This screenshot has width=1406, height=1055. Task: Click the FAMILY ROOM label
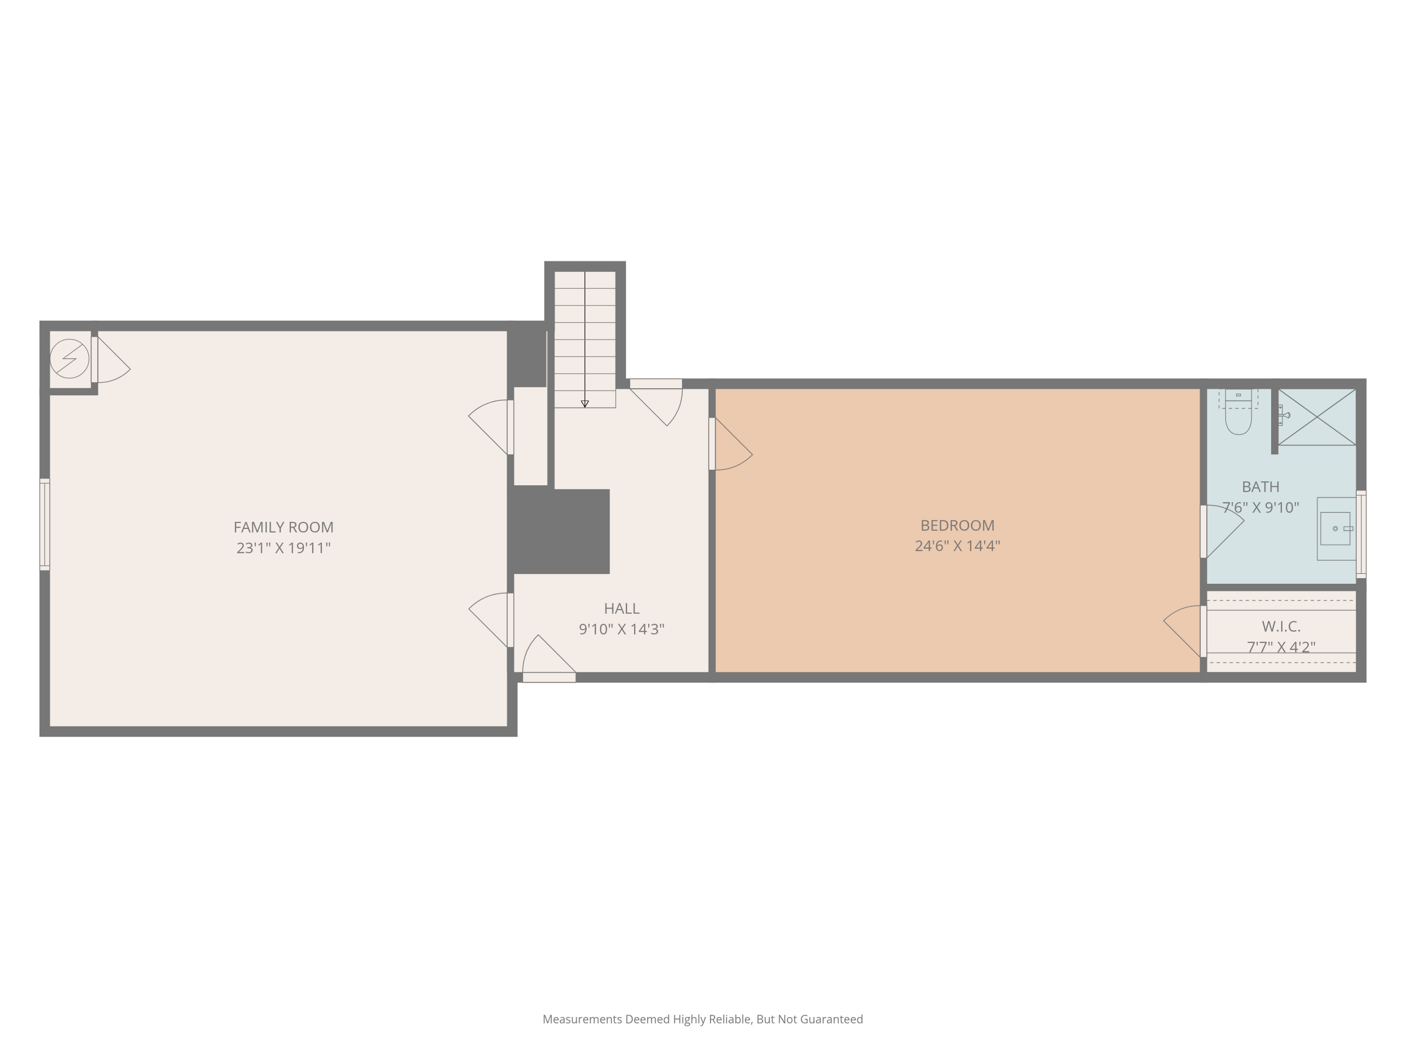284,527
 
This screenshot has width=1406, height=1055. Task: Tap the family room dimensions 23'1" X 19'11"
284,548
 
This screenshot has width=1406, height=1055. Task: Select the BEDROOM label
957,525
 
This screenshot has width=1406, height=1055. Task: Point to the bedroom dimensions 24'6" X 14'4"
957,546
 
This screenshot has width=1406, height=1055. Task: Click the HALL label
621,609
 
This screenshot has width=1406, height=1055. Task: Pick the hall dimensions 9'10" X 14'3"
621,629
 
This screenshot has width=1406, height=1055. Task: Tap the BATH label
1260,487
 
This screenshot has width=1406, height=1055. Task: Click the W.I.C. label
1281,626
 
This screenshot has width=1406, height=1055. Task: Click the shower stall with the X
1317,417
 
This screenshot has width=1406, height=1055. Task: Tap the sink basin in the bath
1335,528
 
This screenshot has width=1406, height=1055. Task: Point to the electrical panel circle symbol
69,359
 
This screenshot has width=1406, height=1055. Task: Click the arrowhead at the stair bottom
585,404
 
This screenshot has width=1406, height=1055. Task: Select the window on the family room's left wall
45,525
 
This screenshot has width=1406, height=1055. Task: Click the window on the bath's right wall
1361,534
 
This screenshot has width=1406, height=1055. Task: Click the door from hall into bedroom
731,444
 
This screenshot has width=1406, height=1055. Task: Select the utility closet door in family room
111,360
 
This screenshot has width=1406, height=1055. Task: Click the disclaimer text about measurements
703,1019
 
